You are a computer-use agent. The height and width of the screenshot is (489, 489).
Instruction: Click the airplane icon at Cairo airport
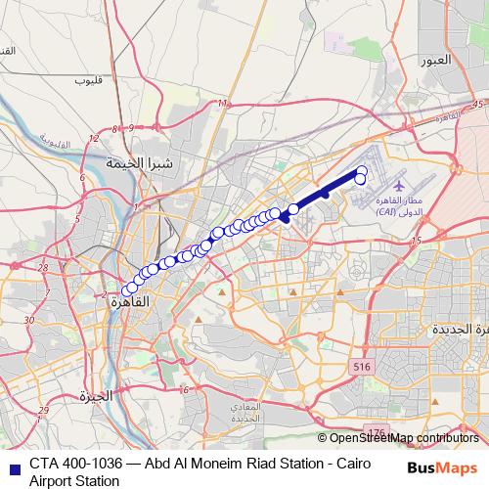[x=399, y=185]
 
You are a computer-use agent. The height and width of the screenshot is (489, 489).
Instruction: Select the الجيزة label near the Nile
[x=97, y=396]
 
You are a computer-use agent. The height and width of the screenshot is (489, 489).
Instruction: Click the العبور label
[x=435, y=60]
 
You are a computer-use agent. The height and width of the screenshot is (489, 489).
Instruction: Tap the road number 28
[x=42, y=267]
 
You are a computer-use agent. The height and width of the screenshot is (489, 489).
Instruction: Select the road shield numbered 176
[x=374, y=431]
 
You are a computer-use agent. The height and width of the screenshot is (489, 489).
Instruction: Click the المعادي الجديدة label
[x=246, y=411]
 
